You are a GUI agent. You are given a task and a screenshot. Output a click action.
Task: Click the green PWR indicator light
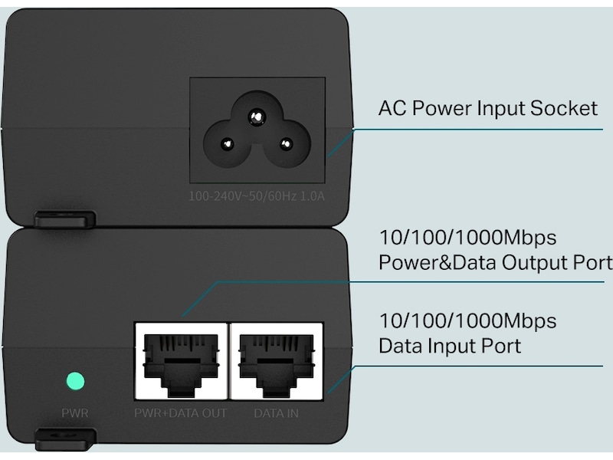pyautogui.click(x=75, y=380)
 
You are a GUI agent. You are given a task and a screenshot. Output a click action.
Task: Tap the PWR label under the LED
pyautogui.click(x=75, y=413)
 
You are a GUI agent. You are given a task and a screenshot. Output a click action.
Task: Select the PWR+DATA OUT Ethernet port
pyautogui.click(x=181, y=361)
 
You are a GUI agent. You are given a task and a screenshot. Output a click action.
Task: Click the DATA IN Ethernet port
pyautogui.click(x=277, y=361)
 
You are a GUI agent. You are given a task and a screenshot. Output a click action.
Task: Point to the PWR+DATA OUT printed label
pyautogui.click(x=181, y=413)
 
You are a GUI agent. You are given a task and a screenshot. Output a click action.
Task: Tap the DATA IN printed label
pyautogui.click(x=277, y=413)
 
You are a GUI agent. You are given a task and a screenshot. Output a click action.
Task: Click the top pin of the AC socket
pyautogui.click(x=257, y=117)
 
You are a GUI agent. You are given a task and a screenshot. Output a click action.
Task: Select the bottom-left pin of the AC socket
pyautogui.click(x=227, y=144)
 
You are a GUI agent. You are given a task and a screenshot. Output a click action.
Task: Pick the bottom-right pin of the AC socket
pyautogui.click(x=286, y=144)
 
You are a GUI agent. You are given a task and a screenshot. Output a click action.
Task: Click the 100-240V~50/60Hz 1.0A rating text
pyautogui.click(x=257, y=196)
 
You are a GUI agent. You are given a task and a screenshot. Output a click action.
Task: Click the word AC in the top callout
pyautogui.click(x=392, y=108)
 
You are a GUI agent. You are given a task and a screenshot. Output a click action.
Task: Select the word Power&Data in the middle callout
pyautogui.click(x=438, y=262)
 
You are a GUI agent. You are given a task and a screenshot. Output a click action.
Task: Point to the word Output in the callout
pyautogui.click(x=534, y=263)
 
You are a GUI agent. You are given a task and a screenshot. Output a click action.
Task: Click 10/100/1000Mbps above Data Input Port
pyautogui.click(x=467, y=320)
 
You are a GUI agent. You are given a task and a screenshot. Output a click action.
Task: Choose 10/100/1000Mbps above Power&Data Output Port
pyautogui.click(x=467, y=238)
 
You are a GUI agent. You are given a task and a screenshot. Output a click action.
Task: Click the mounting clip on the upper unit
pyautogui.click(x=65, y=219)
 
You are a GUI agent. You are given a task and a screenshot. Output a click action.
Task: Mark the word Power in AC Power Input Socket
pyautogui.click(x=442, y=108)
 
